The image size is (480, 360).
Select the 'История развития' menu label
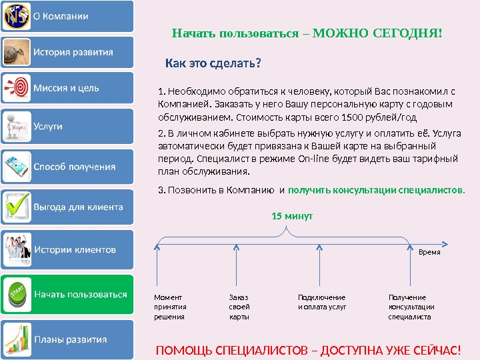pyautogui.click(x=73, y=52)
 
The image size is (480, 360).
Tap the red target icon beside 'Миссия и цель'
pyautogui.click(x=16, y=88)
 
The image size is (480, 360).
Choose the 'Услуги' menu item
pyautogui.click(x=48, y=126)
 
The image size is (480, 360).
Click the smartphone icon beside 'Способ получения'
pyautogui.click(x=16, y=165)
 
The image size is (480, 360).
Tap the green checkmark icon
pyautogui.click(x=16, y=206)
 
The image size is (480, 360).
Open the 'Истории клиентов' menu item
pyautogui.click(x=75, y=249)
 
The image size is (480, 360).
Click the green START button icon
pyautogui.click(x=16, y=293)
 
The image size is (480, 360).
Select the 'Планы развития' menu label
pyautogui.click(x=70, y=339)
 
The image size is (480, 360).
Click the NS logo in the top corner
pyautogui.click(x=15, y=17)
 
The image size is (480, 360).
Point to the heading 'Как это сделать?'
pyautogui.click(x=213, y=65)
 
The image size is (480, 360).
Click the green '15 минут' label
pyautogui.click(x=292, y=217)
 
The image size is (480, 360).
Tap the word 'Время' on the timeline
pyautogui.click(x=429, y=253)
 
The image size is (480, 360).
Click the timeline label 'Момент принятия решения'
pyautogui.click(x=170, y=307)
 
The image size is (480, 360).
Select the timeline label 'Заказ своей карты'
pyautogui.click(x=239, y=307)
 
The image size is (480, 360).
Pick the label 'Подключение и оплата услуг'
pyautogui.click(x=322, y=302)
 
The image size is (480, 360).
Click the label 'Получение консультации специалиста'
pyautogui.click(x=411, y=307)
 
